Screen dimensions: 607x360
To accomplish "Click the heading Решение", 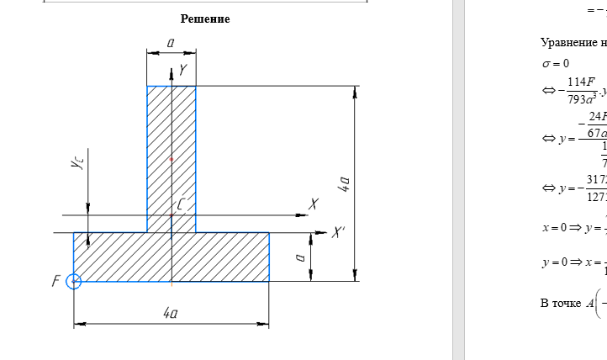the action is [205, 19].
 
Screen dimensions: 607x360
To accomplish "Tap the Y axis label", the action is [182, 71].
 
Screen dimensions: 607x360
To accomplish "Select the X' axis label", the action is [338, 232].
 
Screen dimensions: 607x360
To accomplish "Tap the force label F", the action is [56, 281].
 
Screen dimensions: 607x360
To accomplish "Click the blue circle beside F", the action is [73, 281].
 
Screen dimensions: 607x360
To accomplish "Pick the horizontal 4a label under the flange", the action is [171, 313].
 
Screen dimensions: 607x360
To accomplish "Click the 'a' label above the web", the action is [171, 42].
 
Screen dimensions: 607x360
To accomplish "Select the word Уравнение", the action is [568, 42].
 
